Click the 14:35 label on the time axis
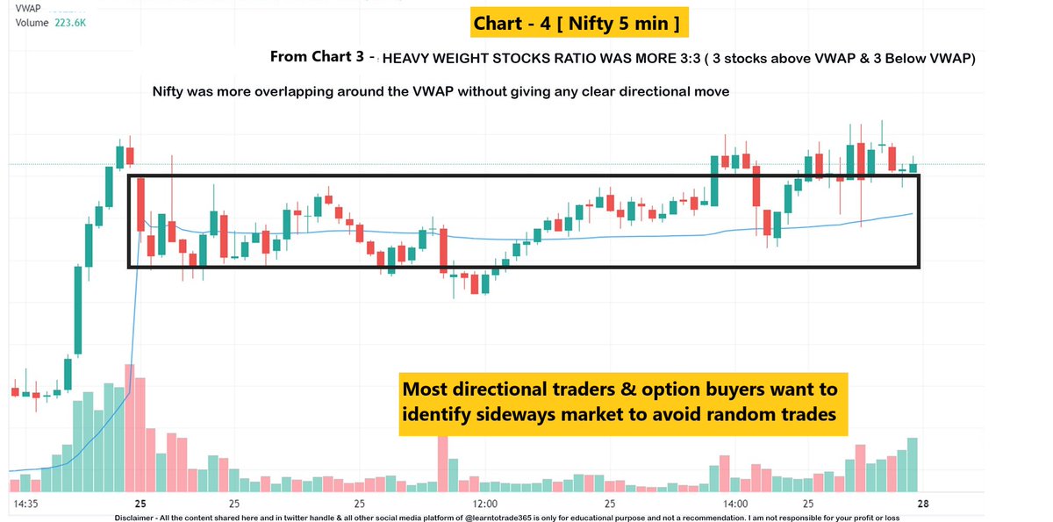27,504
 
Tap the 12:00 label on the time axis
484,504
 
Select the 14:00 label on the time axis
735,504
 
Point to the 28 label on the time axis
923,504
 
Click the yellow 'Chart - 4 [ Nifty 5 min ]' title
576,24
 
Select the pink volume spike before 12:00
443,463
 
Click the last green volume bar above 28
913,465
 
